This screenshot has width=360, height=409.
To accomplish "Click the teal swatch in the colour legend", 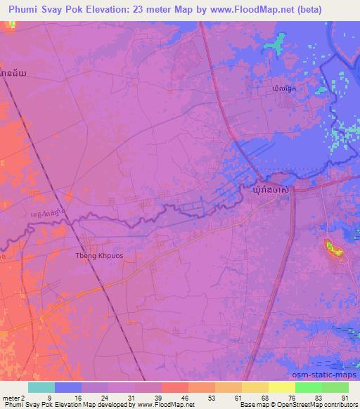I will point(41,387).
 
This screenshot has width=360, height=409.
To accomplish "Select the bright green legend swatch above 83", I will point(308,387).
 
